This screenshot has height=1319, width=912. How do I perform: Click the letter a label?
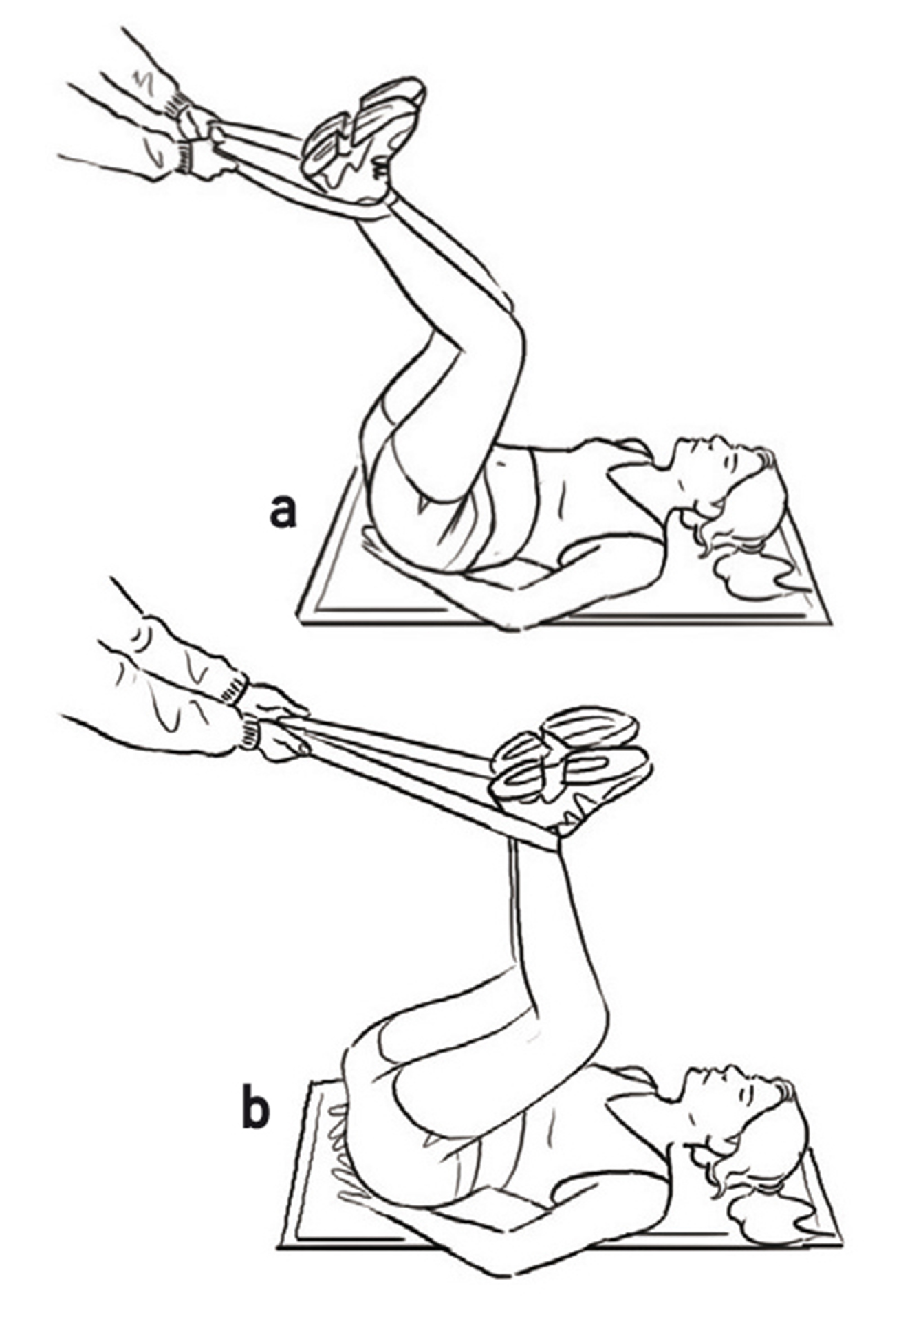(x=283, y=512)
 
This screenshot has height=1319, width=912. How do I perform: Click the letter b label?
(x=254, y=1108)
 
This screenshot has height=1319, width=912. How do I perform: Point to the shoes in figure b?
(x=571, y=764)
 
